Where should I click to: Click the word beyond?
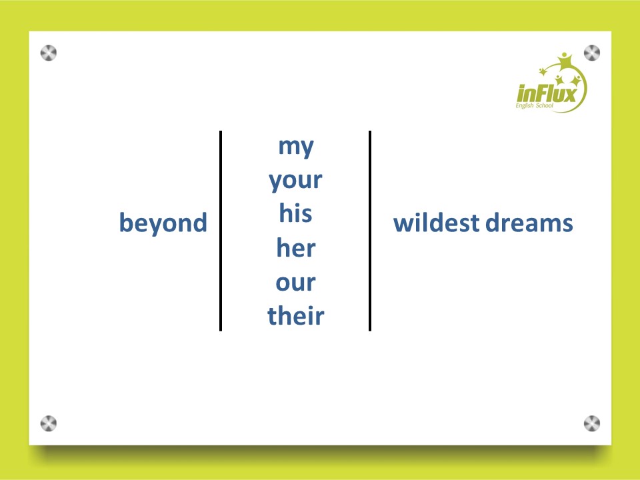163,223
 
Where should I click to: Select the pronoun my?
296,147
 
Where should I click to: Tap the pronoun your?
295,181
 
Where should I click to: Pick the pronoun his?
295,213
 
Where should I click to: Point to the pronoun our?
295,283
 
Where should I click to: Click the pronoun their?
296,315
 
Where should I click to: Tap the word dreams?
529,223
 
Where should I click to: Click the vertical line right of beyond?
221,231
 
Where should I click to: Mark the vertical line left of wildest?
370,231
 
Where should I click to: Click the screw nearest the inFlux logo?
592,53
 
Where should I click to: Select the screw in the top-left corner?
49,53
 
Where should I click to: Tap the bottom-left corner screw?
49,424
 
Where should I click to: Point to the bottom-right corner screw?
592,424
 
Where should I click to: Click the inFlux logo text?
547,93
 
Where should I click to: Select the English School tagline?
534,106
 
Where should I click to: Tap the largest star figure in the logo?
565,61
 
